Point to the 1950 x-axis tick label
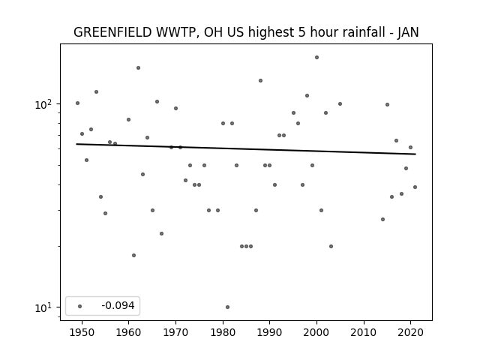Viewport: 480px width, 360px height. pyautogui.click(x=82, y=332)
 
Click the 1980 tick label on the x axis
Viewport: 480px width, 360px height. pyautogui.click(x=223, y=332)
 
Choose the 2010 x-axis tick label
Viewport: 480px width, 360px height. pyautogui.click(x=364, y=332)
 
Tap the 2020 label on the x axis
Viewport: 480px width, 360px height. pyautogui.click(x=411, y=332)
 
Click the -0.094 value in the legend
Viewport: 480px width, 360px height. pyautogui.click(x=118, y=305)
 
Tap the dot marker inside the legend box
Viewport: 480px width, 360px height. pyautogui.click(x=80, y=306)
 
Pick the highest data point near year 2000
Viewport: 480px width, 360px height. pyautogui.click(x=316, y=57)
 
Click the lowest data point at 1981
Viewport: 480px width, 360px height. pyautogui.click(x=227, y=307)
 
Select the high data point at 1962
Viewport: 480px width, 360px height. pyautogui.click(x=138, y=67)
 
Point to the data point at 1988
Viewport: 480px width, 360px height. pyautogui.click(x=260, y=80)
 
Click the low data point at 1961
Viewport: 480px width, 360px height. pyautogui.click(x=133, y=255)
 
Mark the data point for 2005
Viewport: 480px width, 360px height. pyautogui.click(x=340, y=103)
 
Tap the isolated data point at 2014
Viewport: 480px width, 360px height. pyautogui.click(x=382, y=219)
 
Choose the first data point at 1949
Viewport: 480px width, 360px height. pyautogui.click(x=77, y=103)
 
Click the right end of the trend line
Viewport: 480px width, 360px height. pyautogui.click(x=415, y=154)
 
